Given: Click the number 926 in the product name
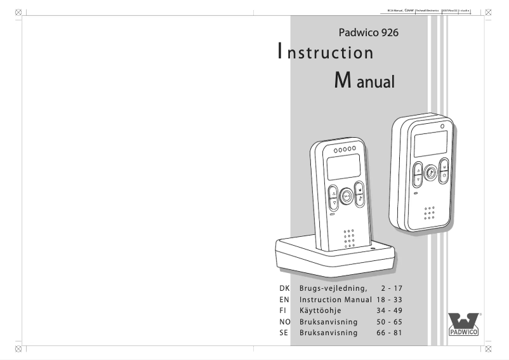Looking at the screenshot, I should point(387,32).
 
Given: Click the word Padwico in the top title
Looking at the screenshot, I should point(358,32).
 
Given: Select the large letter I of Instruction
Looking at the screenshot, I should point(280,51).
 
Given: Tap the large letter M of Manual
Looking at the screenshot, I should point(341,81).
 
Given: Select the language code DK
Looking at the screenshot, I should point(284,288).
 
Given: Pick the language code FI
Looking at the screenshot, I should point(283,310).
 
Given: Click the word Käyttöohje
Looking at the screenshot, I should point(321,310).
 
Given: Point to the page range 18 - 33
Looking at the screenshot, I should point(389,299).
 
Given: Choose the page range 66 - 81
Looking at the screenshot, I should point(389,333).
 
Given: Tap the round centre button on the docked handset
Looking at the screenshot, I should point(347,197).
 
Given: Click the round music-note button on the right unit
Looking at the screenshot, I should point(430,171).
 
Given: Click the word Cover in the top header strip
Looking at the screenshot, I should point(409,10).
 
